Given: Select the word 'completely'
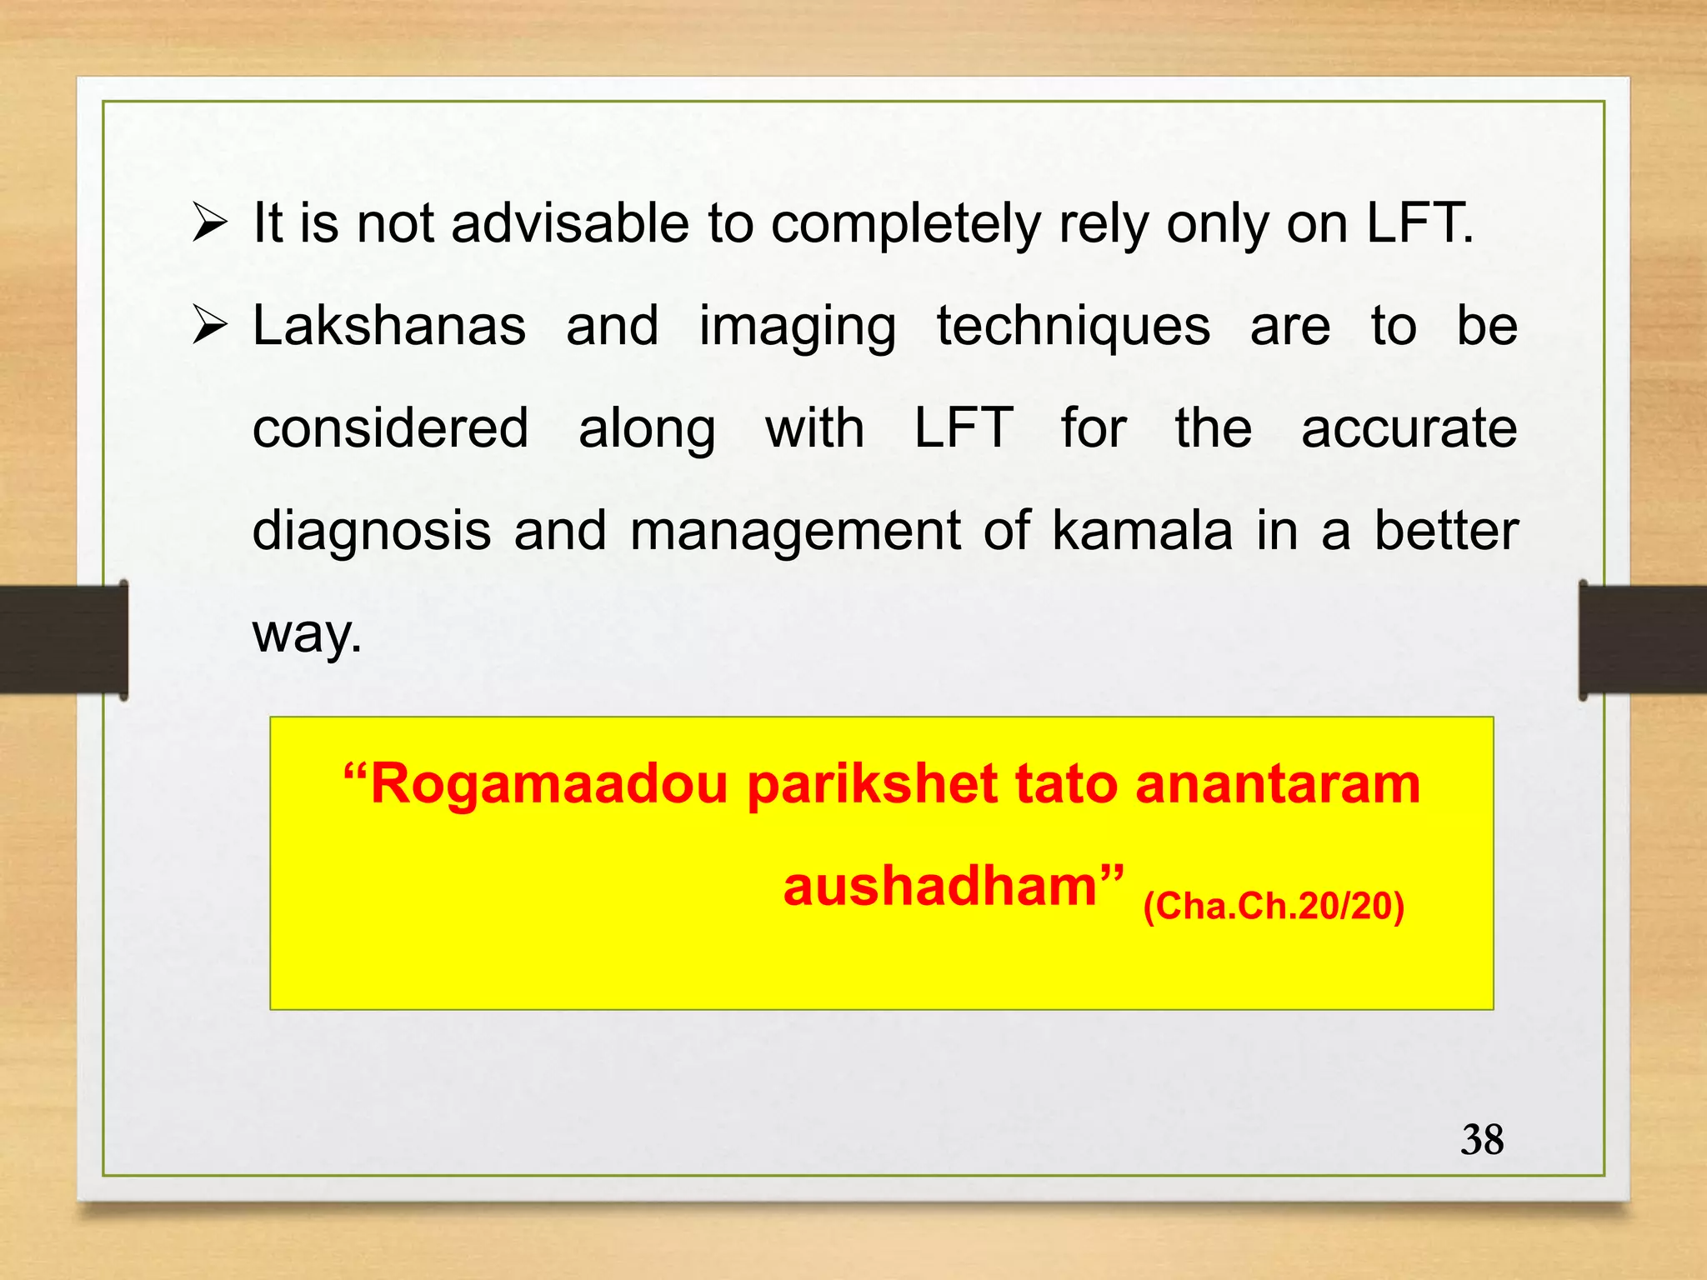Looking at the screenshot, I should coord(905,225).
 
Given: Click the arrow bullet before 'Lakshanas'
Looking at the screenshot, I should coord(209,326).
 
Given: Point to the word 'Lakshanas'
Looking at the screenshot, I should coord(389,326).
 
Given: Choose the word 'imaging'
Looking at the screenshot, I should coord(797,327).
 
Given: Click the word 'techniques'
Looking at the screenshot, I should coord(1073,326).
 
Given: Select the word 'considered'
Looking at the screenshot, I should coord(390,428).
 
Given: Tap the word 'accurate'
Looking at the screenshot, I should coord(1409,428).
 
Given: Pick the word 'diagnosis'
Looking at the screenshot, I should coord(372,532).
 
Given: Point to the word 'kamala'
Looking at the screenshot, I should coord(1142,531).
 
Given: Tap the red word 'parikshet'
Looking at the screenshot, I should coord(872,785).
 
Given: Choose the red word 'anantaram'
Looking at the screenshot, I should coord(1277,785).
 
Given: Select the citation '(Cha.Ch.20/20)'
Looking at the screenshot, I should coord(1274,906).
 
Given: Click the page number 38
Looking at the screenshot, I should coord(1482,1140).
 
